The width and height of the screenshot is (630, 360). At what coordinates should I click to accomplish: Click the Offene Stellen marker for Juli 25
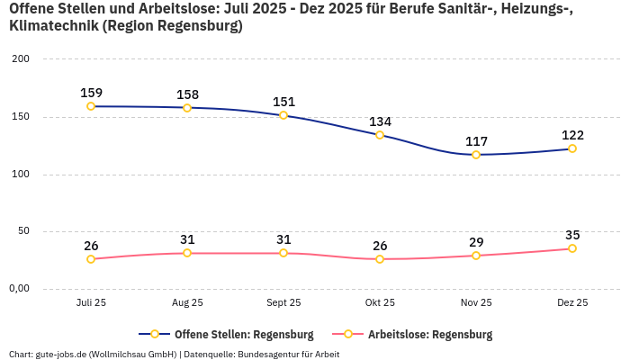pos(91,106)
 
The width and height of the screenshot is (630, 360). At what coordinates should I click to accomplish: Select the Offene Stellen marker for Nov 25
pos(476,155)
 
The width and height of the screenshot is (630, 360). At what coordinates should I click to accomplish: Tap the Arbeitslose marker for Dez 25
pos(572,248)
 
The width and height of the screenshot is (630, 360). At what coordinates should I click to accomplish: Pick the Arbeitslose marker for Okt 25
pos(380,259)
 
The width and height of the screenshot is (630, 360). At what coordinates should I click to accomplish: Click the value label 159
pos(91,93)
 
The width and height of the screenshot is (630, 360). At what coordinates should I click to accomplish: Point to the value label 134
pos(380,121)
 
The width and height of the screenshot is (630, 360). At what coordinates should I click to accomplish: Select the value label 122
pos(572,135)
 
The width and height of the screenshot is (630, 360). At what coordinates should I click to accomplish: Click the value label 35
pos(572,235)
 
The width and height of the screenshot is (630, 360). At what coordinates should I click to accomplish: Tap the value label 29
pos(476,242)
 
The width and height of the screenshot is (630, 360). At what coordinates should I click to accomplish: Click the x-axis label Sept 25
pos(283,303)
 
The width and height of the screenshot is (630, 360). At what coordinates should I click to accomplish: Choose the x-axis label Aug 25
pos(187,303)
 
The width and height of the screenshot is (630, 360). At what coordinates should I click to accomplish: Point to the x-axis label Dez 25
pos(572,303)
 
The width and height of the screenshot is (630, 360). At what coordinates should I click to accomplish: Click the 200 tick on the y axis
pos(21,59)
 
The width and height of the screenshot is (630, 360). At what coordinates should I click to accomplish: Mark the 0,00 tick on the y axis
pos(18,289)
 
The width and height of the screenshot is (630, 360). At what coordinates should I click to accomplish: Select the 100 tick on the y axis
pos(21,175)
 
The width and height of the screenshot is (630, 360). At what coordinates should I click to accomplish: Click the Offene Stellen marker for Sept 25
pos(283,115)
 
